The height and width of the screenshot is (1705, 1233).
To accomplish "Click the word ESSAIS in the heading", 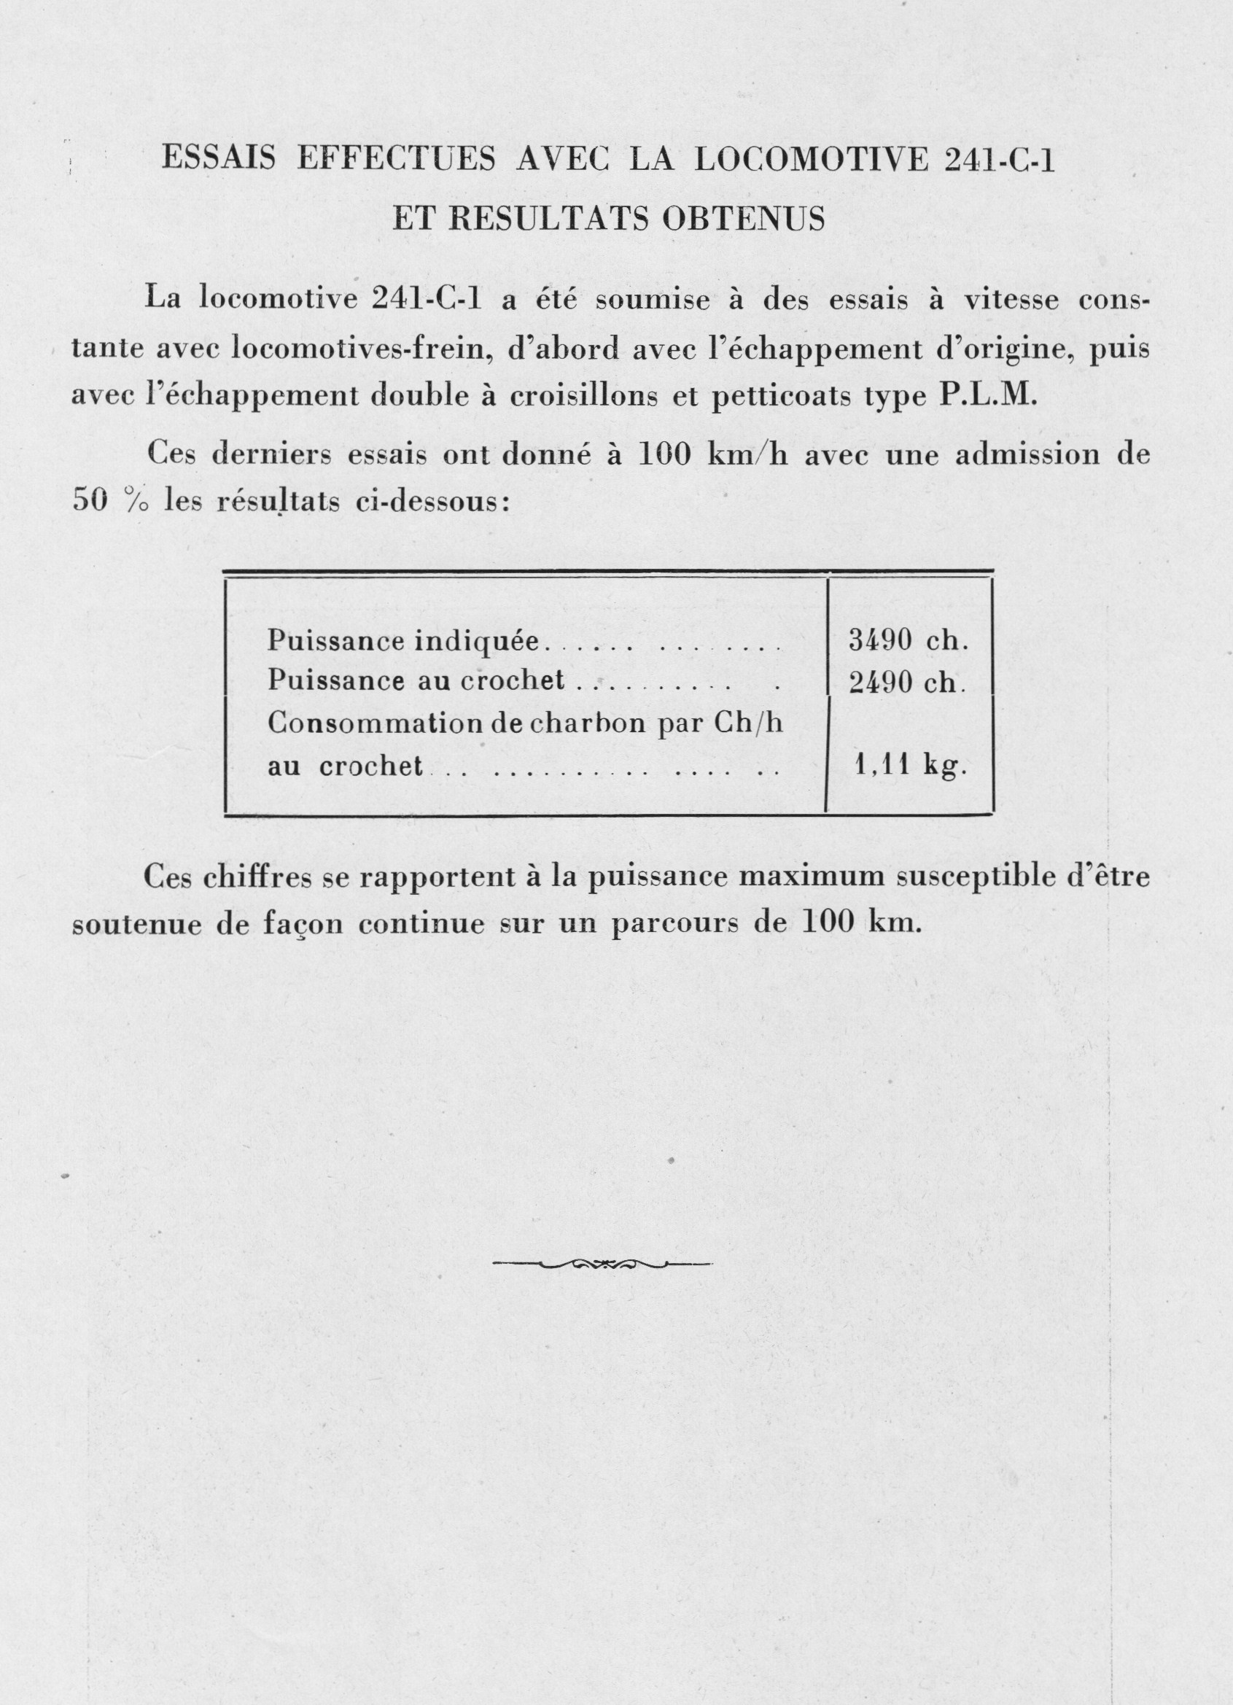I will (x=219, y=160).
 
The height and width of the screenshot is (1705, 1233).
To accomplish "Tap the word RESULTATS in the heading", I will (x=551, y=219).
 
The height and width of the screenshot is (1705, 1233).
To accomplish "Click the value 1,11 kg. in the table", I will (x=911, y=765).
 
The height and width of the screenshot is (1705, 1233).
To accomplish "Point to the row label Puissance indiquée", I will (x=404, y=641).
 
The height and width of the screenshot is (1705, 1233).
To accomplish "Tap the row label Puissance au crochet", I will (x=416, y=680).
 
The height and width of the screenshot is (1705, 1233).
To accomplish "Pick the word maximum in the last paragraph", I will (x=805, y=878).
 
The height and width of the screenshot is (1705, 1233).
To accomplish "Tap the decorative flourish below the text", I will (x=603, y=1265).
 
